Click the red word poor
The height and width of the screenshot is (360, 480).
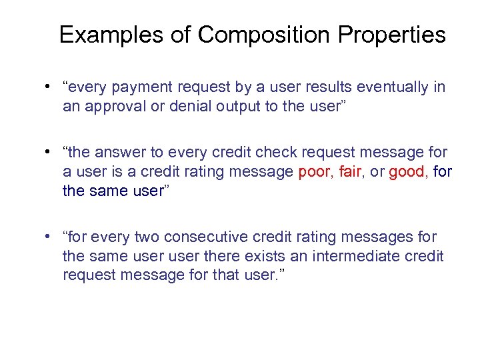[x=313, y=172]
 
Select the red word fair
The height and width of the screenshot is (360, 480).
[x=350, y=172]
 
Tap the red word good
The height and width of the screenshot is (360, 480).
[x=407, y=172]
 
